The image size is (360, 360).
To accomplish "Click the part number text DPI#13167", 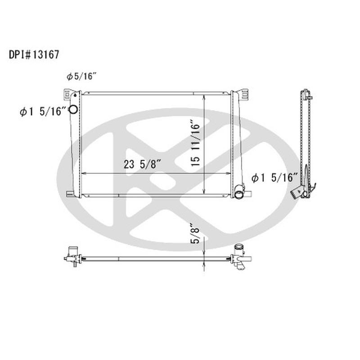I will (x=34, y=55).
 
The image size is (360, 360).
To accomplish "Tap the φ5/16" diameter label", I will (x=82, y=76).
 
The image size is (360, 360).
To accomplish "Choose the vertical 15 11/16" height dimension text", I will (x=194, y=143).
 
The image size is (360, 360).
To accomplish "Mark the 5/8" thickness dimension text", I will (x=194, y=234).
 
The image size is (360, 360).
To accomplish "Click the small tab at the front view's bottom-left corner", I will (x=69, y=194).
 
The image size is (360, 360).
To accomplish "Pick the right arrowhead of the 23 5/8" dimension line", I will (x=229, y=173).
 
